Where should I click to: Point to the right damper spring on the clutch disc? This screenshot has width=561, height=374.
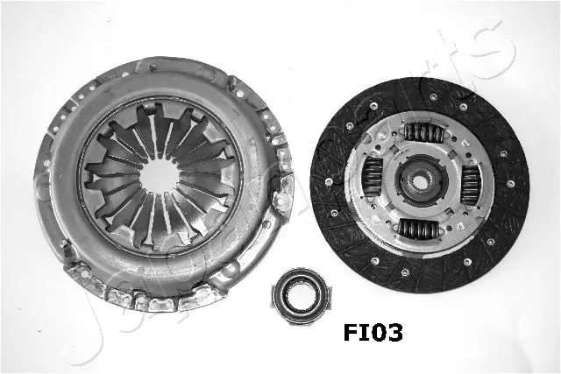coord(470,184)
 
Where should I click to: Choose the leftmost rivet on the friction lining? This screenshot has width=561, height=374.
coord(326,182)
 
